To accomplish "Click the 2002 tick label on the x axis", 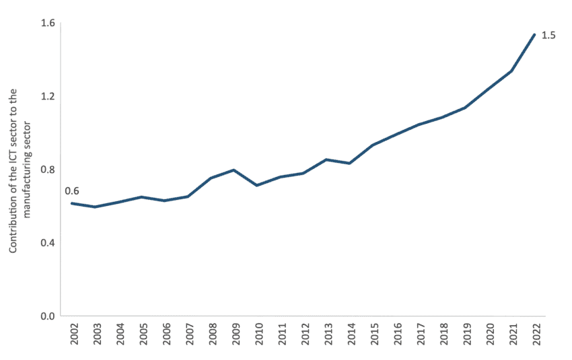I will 72,334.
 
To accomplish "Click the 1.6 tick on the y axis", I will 48,24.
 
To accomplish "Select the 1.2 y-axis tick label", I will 48,96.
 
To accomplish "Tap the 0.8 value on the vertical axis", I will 48,170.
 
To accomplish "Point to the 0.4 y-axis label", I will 48,242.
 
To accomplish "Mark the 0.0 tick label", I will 48,316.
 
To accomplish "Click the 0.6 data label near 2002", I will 72,191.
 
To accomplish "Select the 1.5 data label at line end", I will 548,35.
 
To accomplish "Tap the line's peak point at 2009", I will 234,170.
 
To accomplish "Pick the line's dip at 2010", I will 257,185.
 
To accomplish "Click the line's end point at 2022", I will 534,34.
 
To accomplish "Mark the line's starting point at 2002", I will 72,203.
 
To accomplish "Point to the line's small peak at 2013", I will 326,159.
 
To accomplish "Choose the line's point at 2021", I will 511,71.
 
